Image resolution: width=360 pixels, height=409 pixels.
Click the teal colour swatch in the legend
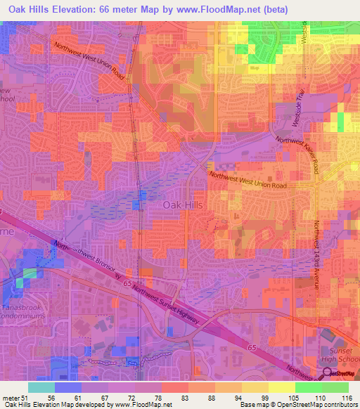41,387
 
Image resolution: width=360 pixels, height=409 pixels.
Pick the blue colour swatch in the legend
68,387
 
